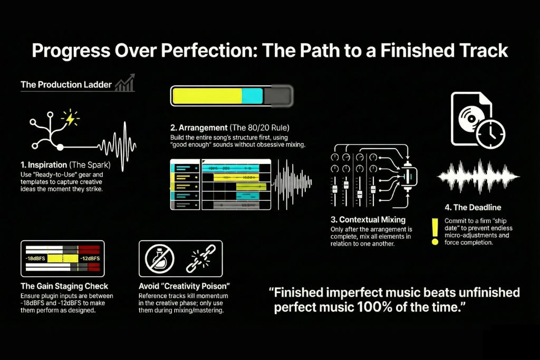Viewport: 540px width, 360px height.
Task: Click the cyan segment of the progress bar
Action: [x=252, y=96]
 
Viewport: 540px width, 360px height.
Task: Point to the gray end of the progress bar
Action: [x=278, y=96]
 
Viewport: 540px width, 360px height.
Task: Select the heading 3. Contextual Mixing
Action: [x=372, y=219]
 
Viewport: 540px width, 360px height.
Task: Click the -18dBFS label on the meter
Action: [x=35, y=259]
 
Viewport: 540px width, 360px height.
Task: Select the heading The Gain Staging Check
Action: [x=64, y=287]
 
